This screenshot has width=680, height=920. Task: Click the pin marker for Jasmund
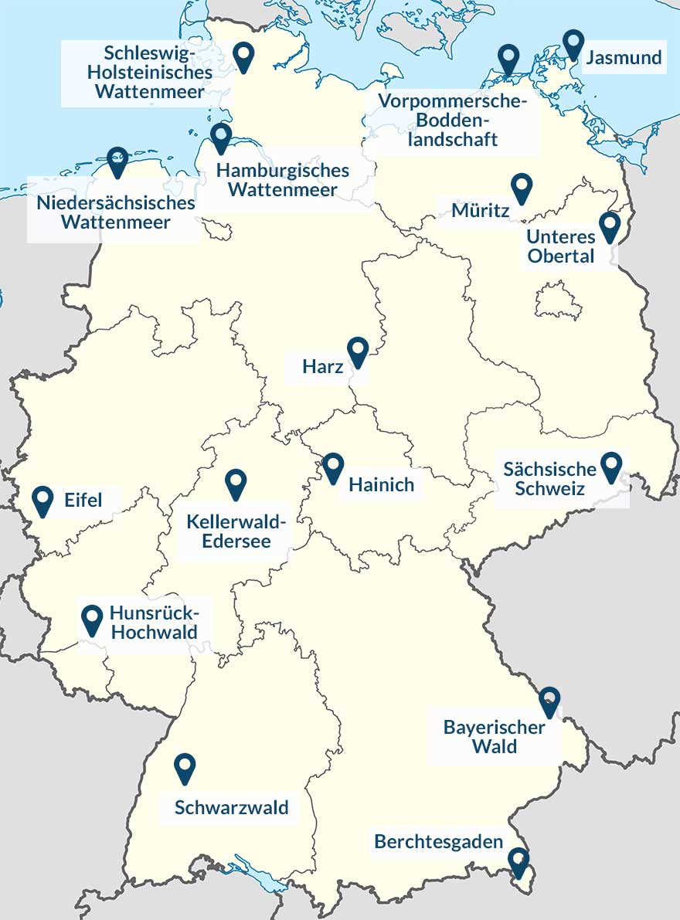[573, 43]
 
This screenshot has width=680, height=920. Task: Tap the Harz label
[324, 367]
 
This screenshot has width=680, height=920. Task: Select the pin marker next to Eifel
[43, 500]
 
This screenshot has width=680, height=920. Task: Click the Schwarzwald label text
[231, 808]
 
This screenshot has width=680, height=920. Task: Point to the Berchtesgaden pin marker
[518, 861]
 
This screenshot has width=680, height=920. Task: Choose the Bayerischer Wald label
[495, 737]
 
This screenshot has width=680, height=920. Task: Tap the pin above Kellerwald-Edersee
[236, 482]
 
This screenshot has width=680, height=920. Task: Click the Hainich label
[381, 485]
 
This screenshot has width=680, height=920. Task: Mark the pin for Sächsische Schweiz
[611, 465]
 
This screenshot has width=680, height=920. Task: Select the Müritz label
[481, 210]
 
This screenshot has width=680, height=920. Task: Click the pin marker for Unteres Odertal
[610, 225]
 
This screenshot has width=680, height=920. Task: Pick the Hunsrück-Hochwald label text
[154, 622]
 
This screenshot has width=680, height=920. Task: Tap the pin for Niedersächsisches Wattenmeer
[117, 160]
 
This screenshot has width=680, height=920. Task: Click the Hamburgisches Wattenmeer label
[282, 180]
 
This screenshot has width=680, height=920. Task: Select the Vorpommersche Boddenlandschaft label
[453, 121]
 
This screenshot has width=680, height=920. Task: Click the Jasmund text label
[624, 58]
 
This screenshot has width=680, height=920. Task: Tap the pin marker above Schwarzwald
[185, 767]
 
